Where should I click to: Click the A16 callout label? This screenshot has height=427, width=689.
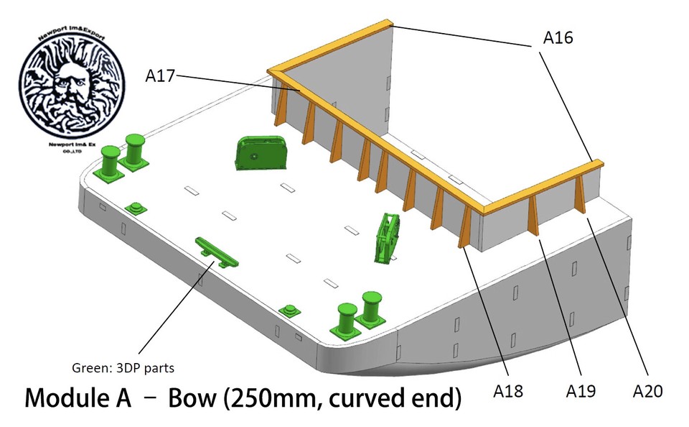coord(558,38)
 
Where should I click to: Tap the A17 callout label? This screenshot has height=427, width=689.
coord(160,76)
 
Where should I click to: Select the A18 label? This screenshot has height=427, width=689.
coord(508,391)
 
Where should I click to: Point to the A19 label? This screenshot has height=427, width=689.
coord(581,391)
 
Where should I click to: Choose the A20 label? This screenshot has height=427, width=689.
coord(647,391)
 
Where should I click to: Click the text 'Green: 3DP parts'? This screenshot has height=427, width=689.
coord(123,368)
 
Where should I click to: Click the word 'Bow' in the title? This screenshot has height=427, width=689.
coord(192,398)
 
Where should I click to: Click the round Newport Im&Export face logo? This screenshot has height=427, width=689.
coord(72,83)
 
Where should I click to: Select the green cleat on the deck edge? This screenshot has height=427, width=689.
coord(217,253)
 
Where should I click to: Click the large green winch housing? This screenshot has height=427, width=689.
coord(261,152)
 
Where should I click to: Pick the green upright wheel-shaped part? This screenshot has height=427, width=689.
coord(387,238)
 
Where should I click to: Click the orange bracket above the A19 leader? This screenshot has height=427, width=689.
coord(533,215)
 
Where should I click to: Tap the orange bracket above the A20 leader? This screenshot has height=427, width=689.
coord(580,193)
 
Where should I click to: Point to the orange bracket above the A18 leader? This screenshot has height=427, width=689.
coord(465,227)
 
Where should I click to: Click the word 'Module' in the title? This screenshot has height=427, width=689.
coord(78,398)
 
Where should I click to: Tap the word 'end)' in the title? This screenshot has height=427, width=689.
coord(438,399)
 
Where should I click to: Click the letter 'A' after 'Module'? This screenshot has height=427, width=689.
coord(122,398)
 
